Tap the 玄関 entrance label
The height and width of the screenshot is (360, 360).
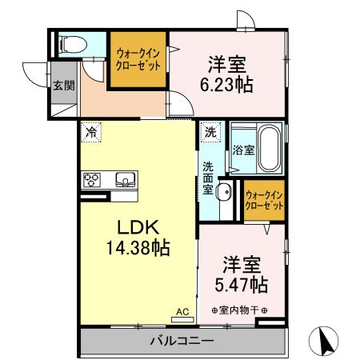click(x=63, y=85)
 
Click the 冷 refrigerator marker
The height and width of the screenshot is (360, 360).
click(x=93, y=132)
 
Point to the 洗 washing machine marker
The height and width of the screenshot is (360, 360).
click(x=210, y=132)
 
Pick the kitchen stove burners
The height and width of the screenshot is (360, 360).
click(x=91, y=179)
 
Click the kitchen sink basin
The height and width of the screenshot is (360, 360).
click(x=125, y=178)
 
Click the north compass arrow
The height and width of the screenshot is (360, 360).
click(x=326, y=342)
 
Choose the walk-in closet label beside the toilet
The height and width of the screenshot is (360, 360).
click(x=138, y=58)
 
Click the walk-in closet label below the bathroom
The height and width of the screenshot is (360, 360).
click(x=264, y=200)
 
